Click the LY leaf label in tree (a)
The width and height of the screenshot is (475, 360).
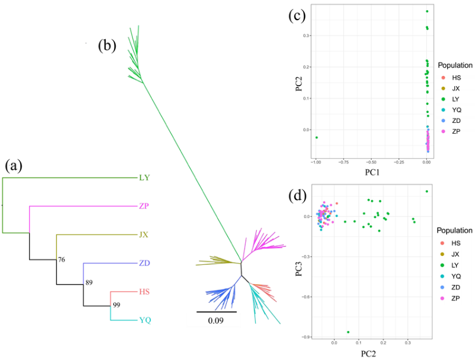click(x=144, y=178)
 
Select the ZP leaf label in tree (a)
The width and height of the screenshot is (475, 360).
click(x=144, y=206)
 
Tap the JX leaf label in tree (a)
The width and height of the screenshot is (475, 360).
click(x=144, y=235)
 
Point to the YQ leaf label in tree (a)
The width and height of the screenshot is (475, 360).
click(x=145, y=320)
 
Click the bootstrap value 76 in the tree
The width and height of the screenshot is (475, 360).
click(x=62, y=260)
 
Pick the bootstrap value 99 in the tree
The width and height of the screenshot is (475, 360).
click(x=116, y=305)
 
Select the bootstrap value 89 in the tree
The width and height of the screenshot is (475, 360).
click(x=88, y=282)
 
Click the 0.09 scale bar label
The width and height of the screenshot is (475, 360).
click(x=216, y=320)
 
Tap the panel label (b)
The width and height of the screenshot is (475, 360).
click(x=107, y=46)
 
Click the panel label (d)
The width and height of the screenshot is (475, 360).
click(x=297, y=196)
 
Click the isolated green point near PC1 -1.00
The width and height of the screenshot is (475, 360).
click(x=316, y=138)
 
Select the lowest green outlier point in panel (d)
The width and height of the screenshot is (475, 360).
click(x=348, y=332)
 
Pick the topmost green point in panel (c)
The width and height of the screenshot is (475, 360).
click(x=427, y=11)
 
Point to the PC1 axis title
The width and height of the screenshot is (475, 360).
click(x=372, y=172)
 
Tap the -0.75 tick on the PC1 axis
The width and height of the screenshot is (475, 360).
click(x=343, y=162)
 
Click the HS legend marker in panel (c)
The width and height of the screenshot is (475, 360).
click(x=444, y=78)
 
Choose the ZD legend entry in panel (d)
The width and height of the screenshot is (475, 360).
click(x=451, y=288)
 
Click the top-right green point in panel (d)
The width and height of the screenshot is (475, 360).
click(x=427, y=191)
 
